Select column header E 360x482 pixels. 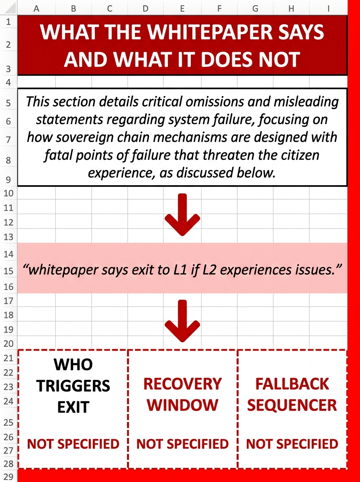(182, 8)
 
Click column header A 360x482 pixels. (37, 8)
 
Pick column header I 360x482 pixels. (328, 8)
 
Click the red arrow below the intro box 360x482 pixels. (182, 214)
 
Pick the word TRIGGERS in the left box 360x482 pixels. (73, 386)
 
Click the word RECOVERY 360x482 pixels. (182, 384)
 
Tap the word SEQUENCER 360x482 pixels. (292, 405)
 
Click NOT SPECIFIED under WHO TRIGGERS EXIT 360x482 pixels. (73, 444)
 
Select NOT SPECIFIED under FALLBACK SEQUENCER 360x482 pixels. (292, 444)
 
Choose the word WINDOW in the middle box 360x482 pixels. (182, 405)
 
